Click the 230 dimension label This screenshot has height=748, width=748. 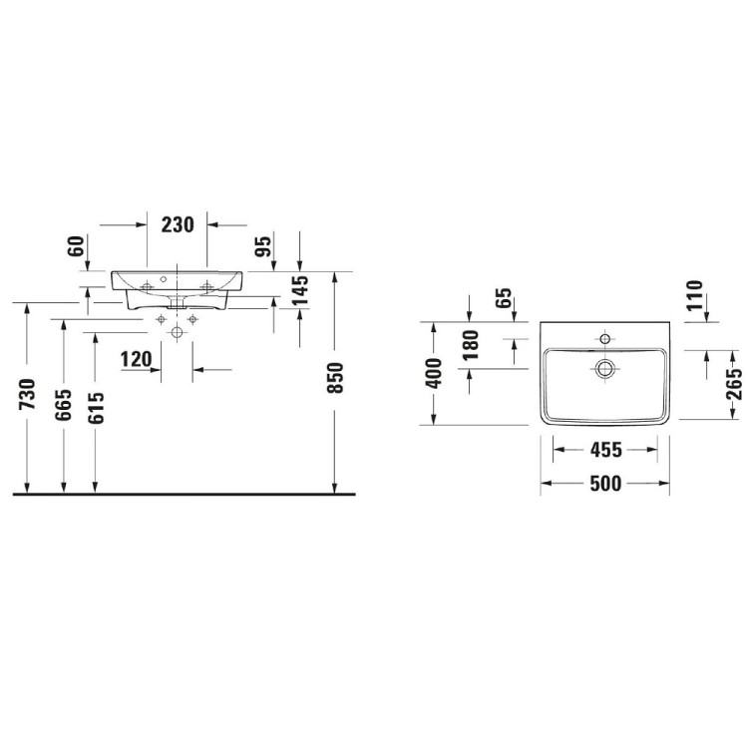tap(177, 225)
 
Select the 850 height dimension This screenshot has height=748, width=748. tap(336, 377)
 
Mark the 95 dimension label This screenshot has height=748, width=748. tap(264, 246)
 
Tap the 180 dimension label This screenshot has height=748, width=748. tap(471, 344)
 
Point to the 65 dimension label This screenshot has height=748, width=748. tap(504, 298)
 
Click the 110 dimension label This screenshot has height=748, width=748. tap(694, 296)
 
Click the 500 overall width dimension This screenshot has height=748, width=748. tap(604, 484)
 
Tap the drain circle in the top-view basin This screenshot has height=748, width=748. tap(604, 368)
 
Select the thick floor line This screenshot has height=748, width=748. tap(185, 493)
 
